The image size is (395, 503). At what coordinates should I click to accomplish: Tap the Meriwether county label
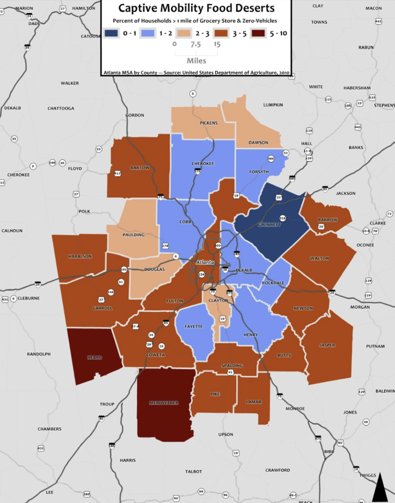164,403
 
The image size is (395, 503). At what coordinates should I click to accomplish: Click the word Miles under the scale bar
196,61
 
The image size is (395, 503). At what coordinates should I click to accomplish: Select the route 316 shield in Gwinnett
282,218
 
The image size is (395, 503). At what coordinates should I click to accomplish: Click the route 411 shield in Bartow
117,174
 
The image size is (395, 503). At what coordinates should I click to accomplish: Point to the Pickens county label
209,123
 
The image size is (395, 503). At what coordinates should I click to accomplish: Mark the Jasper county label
327,345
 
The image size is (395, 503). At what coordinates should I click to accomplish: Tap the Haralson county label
80,256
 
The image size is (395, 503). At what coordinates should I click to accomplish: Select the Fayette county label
194,326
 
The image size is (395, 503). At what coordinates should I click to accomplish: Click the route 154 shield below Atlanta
201,274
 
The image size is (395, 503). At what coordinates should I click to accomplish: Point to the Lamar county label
253,402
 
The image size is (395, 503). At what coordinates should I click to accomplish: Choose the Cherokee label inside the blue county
203,164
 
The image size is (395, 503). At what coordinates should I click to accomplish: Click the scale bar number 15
216,44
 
